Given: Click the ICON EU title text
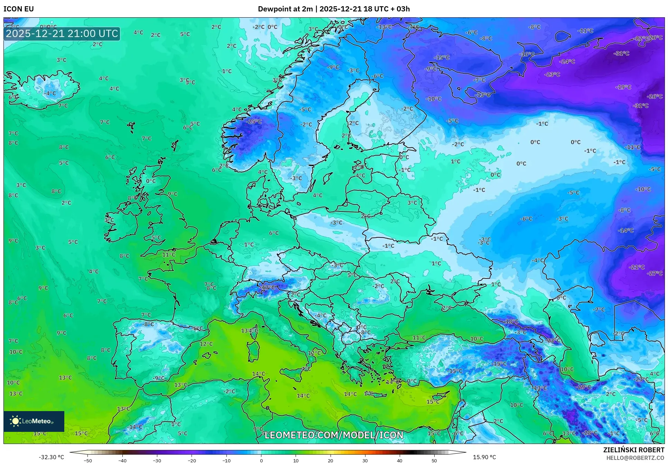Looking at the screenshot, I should tap(19, 9).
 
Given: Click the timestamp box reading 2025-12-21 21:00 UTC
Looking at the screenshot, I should tap(62, 34).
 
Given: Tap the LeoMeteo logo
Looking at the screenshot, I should tap(34, 421).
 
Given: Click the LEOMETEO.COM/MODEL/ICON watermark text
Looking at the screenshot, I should tap(334, 435).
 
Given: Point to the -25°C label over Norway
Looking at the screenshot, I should tap(254, 122).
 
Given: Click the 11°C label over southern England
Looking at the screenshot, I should tap(169, 255).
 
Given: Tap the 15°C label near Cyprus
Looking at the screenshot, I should tap(433, 402).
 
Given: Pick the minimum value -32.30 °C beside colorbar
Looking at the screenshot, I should tap(51, 457).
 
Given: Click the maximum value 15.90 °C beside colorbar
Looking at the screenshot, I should tap(484, 457).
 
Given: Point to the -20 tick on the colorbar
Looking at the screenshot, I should tap(192, 461).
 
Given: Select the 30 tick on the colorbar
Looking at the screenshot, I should tap(365, 461).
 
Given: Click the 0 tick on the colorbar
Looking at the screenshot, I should tap(261, 461).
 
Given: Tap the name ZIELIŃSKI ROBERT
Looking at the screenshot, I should tap(633, 450).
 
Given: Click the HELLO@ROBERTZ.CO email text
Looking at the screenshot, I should tap(635, 458).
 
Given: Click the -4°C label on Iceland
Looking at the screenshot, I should tap(50, 93).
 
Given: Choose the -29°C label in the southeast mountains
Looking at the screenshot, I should tap(583, 387).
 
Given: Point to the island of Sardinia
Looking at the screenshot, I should tap(253, 350).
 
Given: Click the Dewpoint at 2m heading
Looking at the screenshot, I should tap(285, 9).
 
